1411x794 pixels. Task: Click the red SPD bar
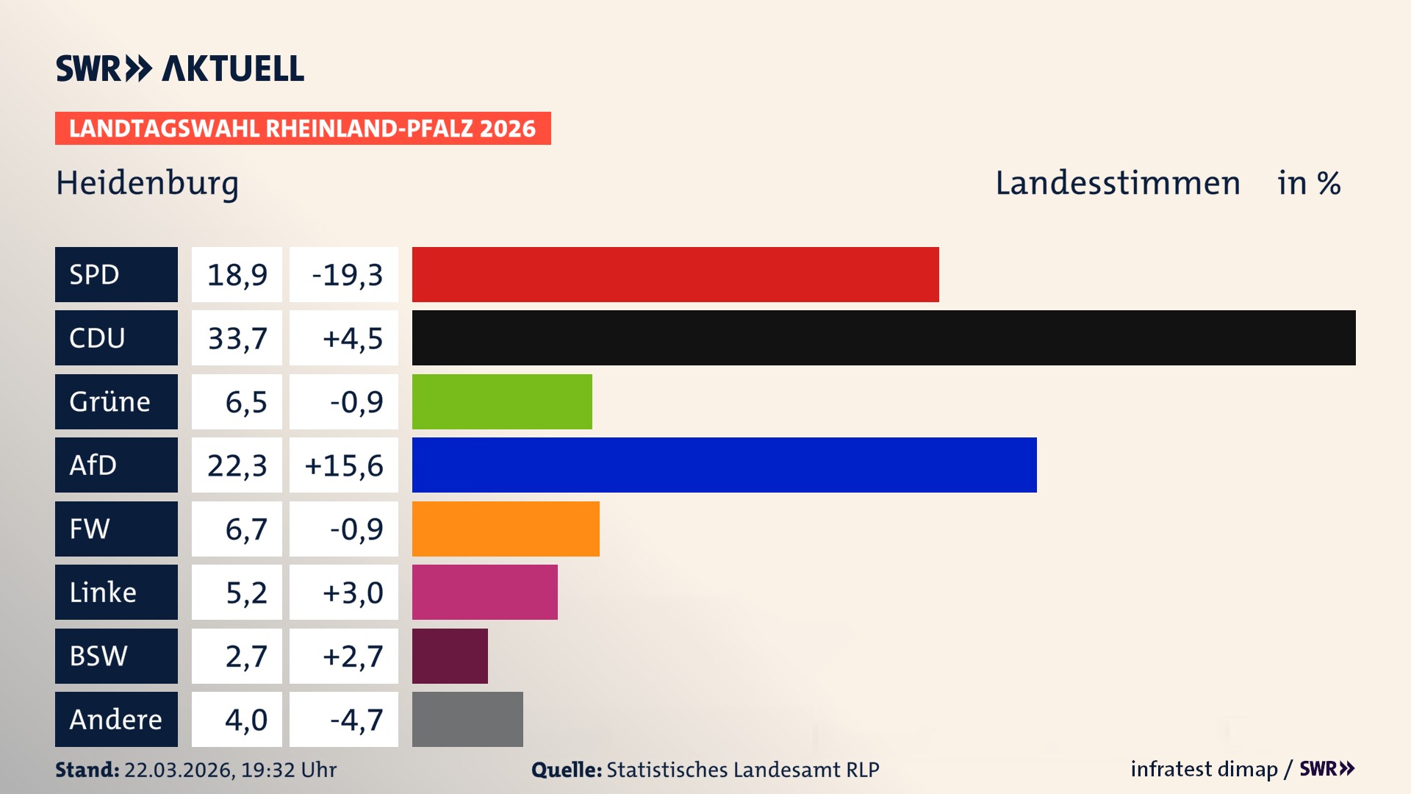tap(675, 274)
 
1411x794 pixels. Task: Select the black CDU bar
tap(883, 337)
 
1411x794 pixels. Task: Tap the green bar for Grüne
tap(502, 401)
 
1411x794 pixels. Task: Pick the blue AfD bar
tap(724, 465)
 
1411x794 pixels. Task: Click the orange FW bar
tap(506, 529)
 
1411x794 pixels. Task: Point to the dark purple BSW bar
tap(450, 656)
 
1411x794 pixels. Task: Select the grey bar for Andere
tap(467, 719)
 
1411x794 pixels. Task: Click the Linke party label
tap(116, 592)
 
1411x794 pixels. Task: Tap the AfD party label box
tap(116, 465)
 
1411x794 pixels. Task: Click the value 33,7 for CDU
tap(237, 338)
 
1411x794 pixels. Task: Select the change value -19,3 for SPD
tap(344, 274)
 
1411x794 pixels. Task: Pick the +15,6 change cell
tap(344, 465)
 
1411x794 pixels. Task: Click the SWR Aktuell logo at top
tap(179, 68)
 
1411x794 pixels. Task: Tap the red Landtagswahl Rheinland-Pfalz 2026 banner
tap(302, 128)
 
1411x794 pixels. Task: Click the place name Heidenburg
tap(147, 183)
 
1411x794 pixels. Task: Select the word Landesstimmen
tap(1117, 183)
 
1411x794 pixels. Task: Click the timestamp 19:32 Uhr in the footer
tap(288, 770)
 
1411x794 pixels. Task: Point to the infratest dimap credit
tap(1203, 769)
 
